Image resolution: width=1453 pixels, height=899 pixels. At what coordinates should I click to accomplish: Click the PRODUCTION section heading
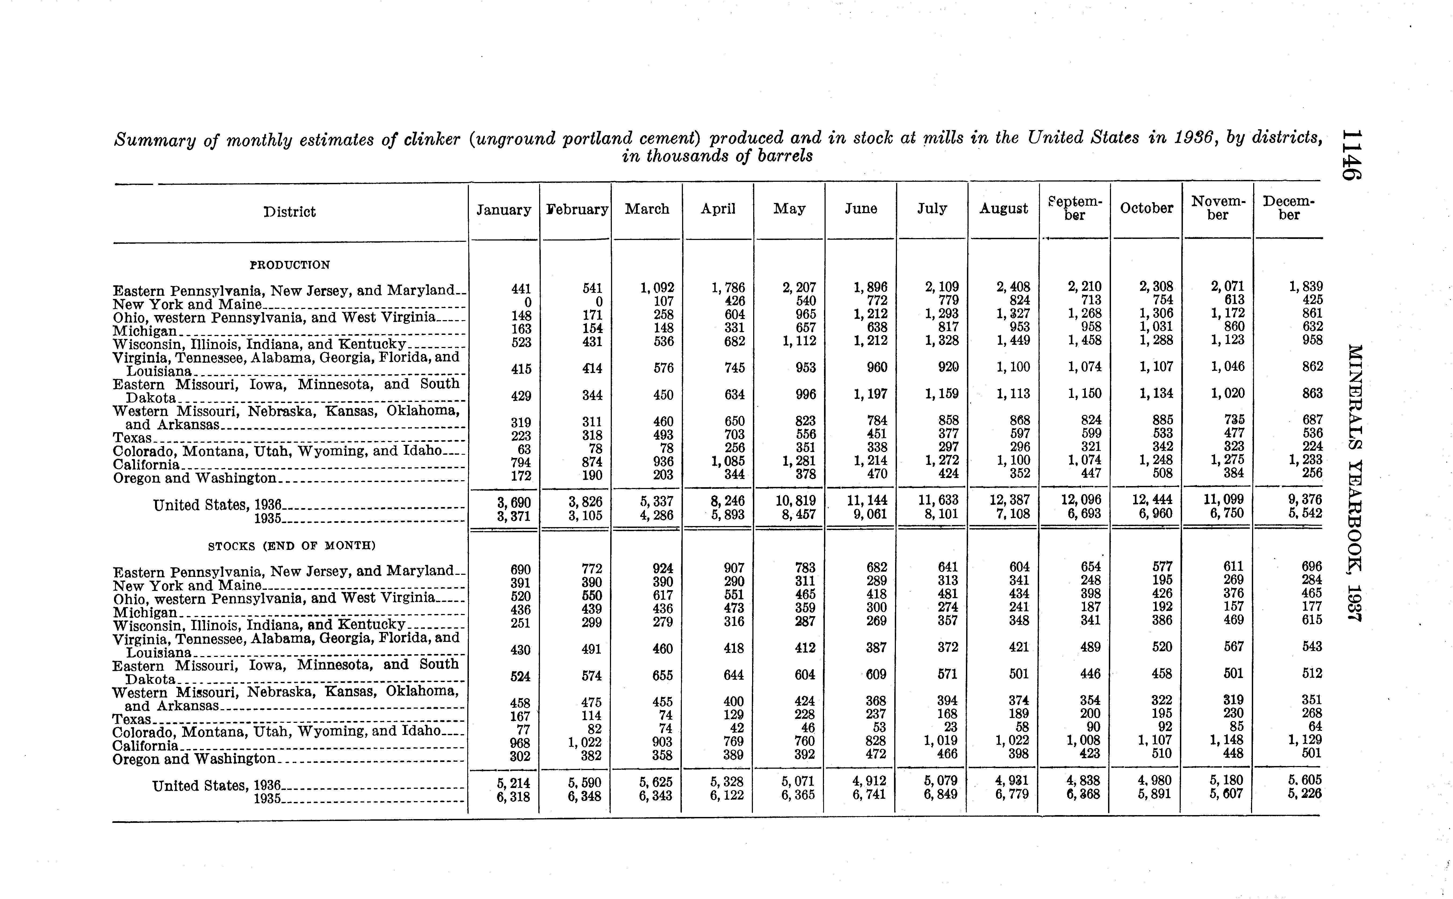pyautogui.click(x=290, y=265)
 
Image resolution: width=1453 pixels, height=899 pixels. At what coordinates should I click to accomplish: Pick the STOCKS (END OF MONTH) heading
pyautogui.click(x=292, y=545)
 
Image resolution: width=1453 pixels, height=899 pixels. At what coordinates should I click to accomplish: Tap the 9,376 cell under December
pyautogui.click(x=1305, y=500)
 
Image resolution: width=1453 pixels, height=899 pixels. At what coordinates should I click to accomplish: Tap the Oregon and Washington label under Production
pyautogui.click(x=194, y=478)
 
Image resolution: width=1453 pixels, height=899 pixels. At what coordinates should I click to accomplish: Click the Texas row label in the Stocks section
pyautogui.click(x=132, y=719)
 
